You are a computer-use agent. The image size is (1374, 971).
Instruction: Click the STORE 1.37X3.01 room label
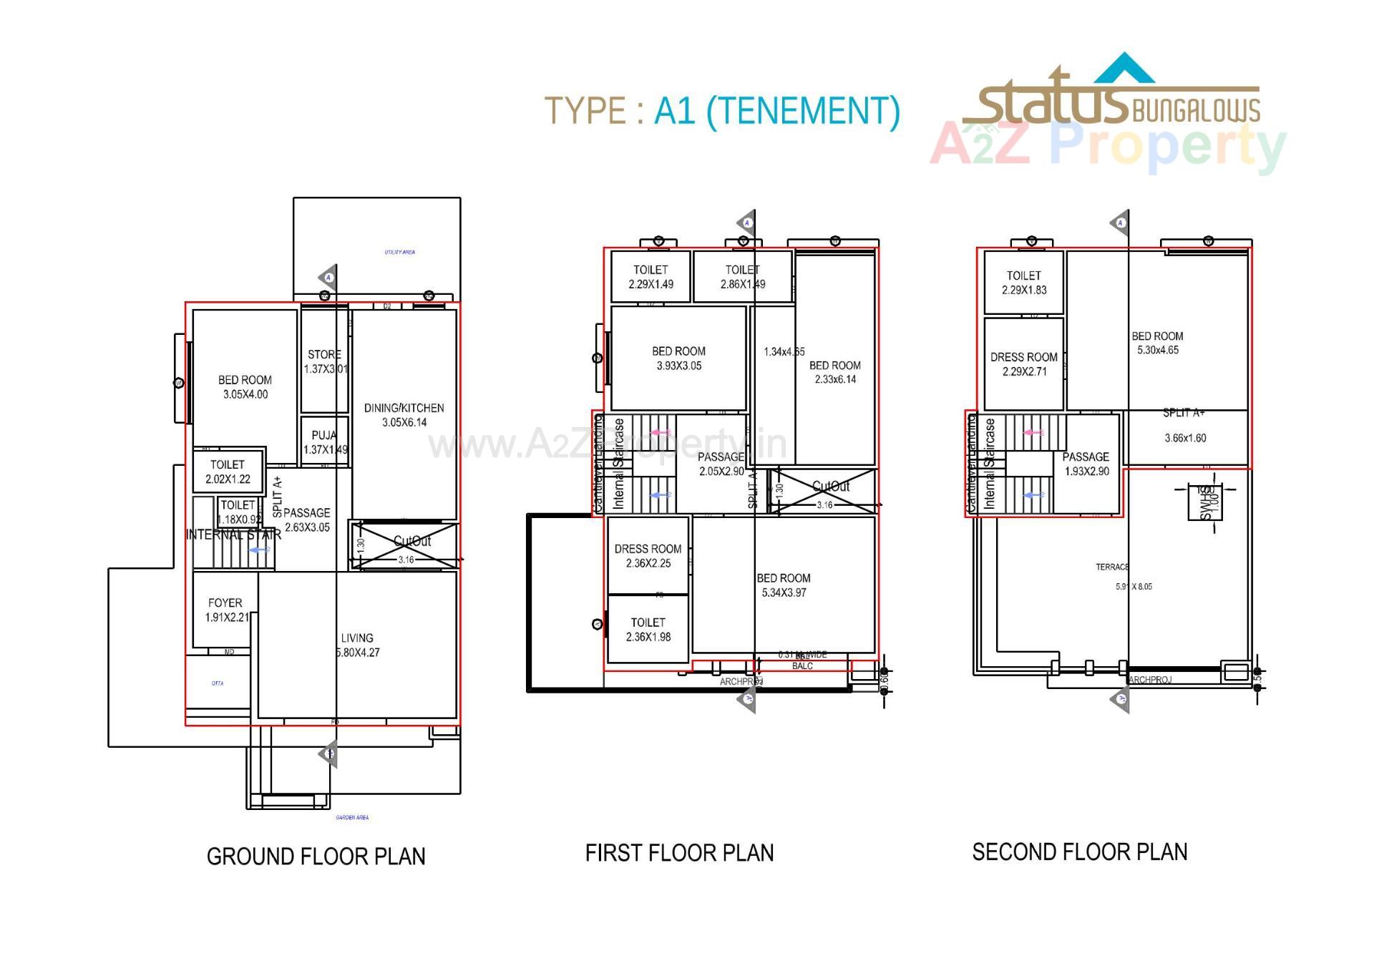point(325,361)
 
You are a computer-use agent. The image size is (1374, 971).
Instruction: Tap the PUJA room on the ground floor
point(325,442)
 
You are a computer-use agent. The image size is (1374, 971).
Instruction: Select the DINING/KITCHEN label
point(404,414)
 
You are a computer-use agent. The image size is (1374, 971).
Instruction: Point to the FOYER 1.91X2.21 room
point(225,610)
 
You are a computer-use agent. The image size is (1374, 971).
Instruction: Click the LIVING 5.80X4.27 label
point(357,645)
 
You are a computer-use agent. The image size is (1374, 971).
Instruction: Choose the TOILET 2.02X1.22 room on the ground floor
point(228,472)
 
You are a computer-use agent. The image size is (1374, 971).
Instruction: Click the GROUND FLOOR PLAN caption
point(316,856)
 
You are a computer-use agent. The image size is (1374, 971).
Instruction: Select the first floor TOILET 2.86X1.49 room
point(742,276)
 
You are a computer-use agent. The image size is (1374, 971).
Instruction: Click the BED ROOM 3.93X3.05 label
point(678,358)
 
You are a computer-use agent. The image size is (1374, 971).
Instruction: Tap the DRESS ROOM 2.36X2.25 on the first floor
point(648,555)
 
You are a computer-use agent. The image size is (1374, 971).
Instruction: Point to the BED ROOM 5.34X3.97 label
point(784,585)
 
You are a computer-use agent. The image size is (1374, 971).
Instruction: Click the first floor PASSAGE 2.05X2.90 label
point(721,464)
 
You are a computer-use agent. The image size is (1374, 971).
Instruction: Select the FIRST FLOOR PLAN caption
point(679,852)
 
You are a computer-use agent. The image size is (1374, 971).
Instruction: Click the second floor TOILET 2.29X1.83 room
point(1023,282)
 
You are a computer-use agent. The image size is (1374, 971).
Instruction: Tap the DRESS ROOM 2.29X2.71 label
point(1023,363)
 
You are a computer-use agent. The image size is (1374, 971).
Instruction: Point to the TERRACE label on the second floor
point(1111,567)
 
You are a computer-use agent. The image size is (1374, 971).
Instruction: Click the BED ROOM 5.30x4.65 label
point(1157,342)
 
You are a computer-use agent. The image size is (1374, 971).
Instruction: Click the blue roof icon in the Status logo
point(1125,68)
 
